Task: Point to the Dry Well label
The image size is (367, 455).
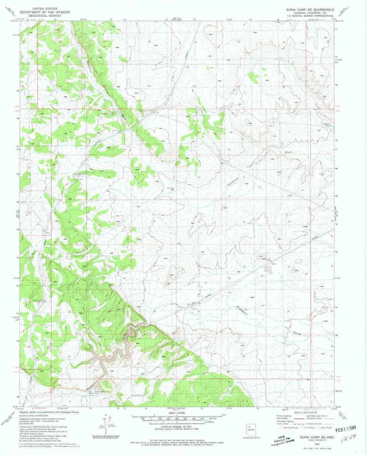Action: click(x=171, y=188)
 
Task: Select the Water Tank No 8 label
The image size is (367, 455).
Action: click(x=267, y=259)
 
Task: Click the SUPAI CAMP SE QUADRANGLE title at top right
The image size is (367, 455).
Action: click(x=310, y=10)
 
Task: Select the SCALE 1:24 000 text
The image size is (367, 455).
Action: click(x=176, y=413)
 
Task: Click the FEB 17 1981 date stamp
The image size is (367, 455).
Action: click(x=345, y=429)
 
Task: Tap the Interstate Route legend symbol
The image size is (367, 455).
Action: click(x=281, y=427)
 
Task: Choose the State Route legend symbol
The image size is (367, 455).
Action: click(x=319, y=427)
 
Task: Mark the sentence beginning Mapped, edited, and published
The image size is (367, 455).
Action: click(x=49, y=412)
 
